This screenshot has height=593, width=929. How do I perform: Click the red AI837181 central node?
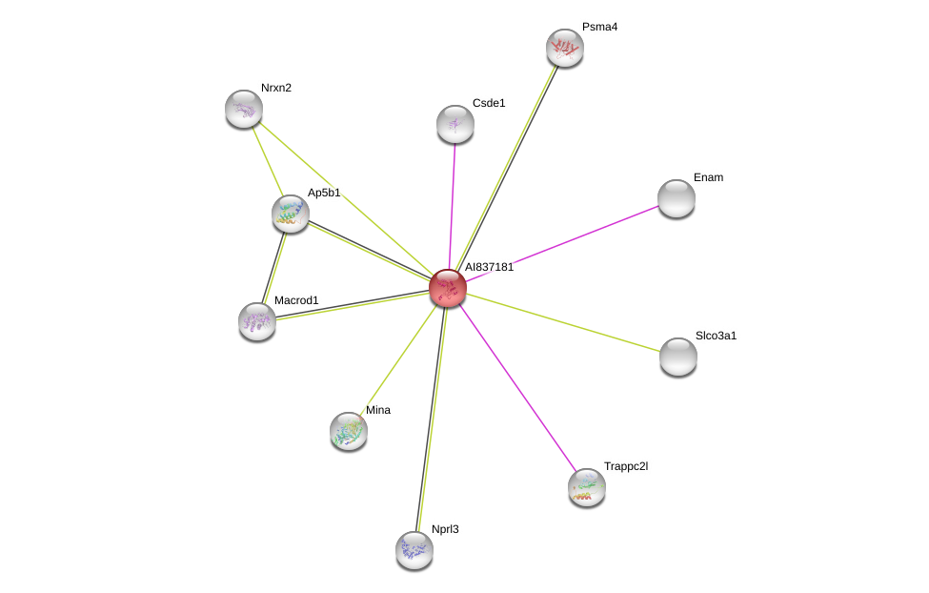click(x=448, y=288)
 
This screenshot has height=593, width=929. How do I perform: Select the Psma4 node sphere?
click(x=565, y=48)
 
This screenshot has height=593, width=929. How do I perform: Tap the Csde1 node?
click(x=455, y=125)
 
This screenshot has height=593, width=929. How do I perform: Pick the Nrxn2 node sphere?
click(x=244, y=109)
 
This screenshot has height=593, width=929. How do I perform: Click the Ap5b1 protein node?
click(x=291, y=215)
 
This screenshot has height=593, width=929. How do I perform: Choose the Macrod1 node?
click(x=257, y=322)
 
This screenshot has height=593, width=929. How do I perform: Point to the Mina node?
click(x=349, y=431)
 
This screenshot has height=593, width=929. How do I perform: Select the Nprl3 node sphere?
click(x=414, y=550)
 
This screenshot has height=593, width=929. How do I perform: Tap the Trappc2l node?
click(x=587, y=487)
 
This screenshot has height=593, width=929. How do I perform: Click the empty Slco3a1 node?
click(x=678, y=357)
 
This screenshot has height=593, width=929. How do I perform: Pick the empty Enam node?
click(x=677, y=198)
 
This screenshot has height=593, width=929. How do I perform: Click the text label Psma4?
click(x=599, y=27)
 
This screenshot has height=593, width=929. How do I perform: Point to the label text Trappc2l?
click(x=626, y=466)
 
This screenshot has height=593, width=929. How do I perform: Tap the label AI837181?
click(x=490, y=267)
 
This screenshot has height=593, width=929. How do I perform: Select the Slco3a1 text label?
click(x=716, y=336)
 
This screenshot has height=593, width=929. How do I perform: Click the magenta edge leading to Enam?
click(x=562, y=244)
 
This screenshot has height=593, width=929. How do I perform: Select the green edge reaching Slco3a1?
click(x=563, y=322)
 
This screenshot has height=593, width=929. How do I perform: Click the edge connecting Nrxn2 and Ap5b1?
click(x=268, y=161)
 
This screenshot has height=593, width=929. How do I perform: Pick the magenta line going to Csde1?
click(x=453, y=206)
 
